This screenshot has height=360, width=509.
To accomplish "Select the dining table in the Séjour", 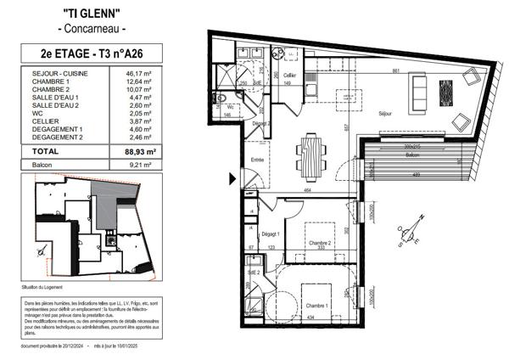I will [x=310, y=156].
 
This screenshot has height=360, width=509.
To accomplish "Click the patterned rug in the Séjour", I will [x=445, y=91].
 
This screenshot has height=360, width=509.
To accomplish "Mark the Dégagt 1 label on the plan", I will [x=272, y=233].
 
